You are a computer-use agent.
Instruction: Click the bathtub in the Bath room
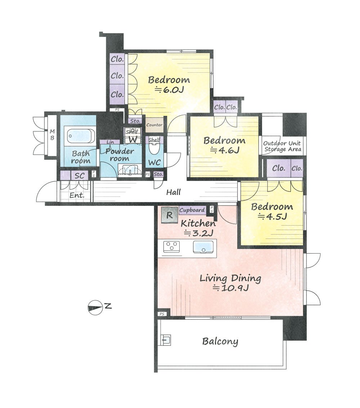tap(80, 136)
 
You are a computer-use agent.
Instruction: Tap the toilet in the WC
tap(154, 148)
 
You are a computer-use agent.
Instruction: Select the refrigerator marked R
tap(170, 215)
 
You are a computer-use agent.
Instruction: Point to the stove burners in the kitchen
tap(172, 246)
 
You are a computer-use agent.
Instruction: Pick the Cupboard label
tap(192, 210)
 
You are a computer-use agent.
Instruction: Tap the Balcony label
tap(220, 341)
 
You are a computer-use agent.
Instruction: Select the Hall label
tap(174, 192)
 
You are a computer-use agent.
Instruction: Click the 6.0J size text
tap(170, 90)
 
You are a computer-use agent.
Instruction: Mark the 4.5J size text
tap(272, 217)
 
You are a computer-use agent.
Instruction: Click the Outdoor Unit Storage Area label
tap(283, 146)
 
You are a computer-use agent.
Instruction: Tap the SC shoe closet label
tap(80, 176)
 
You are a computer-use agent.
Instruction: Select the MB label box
tap(52, 135)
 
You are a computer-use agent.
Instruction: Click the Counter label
tap(154, 124)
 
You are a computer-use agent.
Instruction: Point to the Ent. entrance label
tap(77, 195)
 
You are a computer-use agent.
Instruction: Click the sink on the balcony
tap(166, 340)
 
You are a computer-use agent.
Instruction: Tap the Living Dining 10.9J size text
tap(231, 288)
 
